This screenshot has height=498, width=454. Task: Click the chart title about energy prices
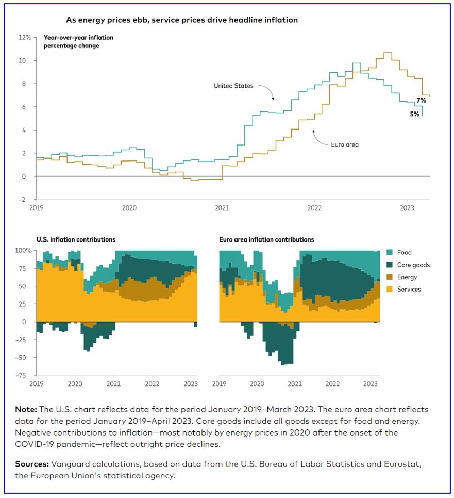181,20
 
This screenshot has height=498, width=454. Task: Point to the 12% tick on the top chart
25,38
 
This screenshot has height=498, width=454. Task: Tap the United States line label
233,86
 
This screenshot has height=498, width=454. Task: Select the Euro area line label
344,144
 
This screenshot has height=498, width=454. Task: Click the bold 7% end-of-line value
421,100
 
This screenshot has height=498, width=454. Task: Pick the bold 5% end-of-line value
414,114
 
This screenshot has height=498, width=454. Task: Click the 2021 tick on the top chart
222,208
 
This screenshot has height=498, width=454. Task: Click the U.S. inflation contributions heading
76,239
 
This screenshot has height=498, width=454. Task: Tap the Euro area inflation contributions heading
266,239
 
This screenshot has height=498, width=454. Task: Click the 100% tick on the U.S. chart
24,250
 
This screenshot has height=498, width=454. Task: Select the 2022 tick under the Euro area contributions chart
332,384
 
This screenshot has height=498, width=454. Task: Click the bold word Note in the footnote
26,409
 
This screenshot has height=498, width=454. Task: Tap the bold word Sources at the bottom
31,464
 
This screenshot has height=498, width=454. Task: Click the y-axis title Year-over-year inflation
78,38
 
